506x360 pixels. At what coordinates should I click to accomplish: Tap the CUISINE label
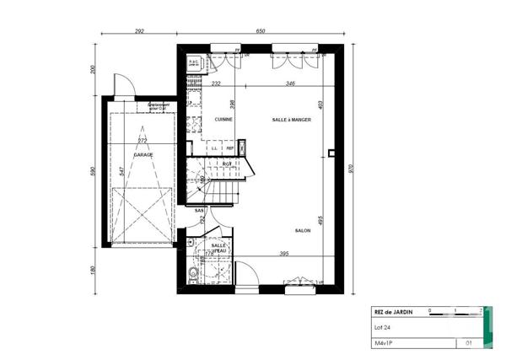pos(223,120)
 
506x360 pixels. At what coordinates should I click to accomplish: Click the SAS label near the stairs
pos(199,210)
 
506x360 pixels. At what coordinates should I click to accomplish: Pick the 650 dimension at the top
pos(261,31)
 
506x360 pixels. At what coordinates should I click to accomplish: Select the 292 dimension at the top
pos(139,31)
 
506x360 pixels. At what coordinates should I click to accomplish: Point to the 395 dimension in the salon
pos(283,254)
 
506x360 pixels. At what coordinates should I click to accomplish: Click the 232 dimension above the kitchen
pos(216,83)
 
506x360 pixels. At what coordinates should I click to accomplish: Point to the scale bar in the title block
pos(455,312)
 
